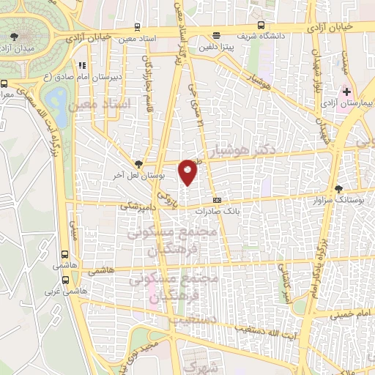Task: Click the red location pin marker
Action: pos(188,171)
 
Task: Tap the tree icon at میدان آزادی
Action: pos(15,35)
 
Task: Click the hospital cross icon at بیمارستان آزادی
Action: pos(347,92)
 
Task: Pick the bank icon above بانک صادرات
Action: pos(217,199)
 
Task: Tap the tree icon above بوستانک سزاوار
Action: pos(338,188)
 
